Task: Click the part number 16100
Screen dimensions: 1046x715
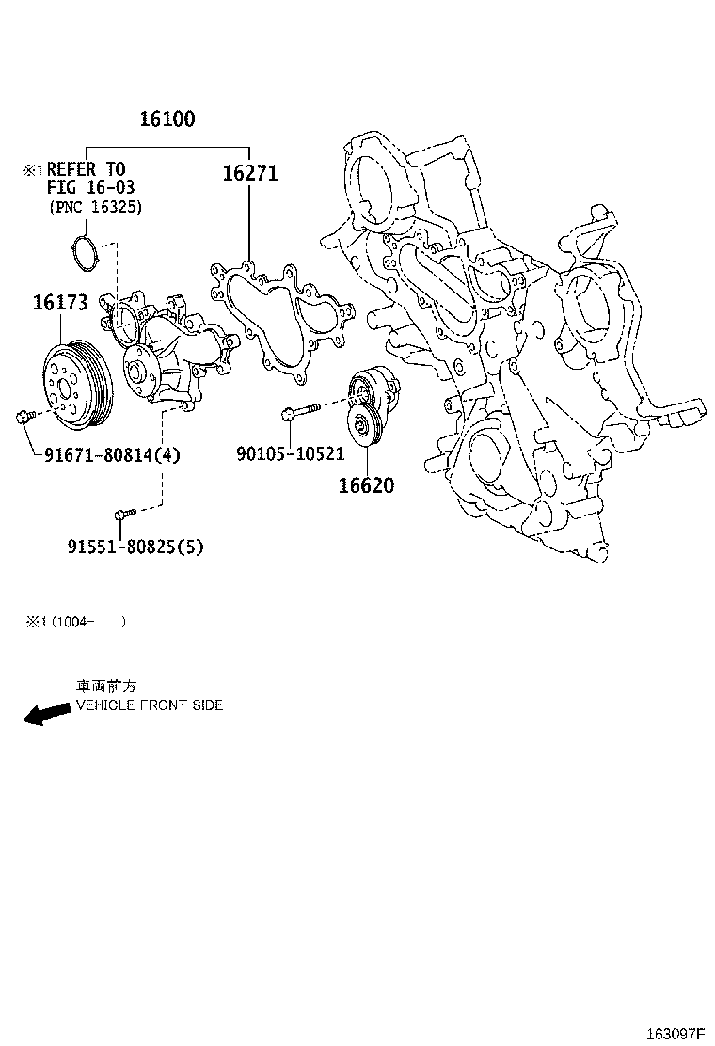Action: (x=167, y=119)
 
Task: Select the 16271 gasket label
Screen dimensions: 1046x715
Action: (x=250, y=174)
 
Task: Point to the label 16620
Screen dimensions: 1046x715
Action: (x=367, y=486)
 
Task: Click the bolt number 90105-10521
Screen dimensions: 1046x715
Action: (x=290, y=454)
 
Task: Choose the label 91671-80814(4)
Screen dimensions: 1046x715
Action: (x=112, y=455)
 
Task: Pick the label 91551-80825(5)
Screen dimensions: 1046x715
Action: (x=135, y=547)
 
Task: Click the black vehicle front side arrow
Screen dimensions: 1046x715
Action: (x=46, y=714)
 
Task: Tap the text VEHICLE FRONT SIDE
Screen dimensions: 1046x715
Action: (x=150, y=705)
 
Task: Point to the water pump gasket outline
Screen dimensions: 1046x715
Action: (x=282, y=320)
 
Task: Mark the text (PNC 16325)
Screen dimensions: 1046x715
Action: (x=95, y=207)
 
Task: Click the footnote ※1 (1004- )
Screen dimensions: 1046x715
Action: (x=75, y=622)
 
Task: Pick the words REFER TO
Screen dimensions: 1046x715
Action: (x=86, y=169)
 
